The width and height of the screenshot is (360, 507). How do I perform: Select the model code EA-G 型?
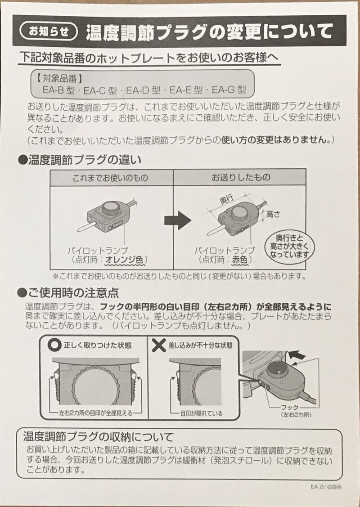229,90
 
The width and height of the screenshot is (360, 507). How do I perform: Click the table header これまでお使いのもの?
111,178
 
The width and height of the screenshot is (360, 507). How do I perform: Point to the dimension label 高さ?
273,215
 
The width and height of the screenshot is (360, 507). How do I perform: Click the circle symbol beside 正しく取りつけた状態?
55,345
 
